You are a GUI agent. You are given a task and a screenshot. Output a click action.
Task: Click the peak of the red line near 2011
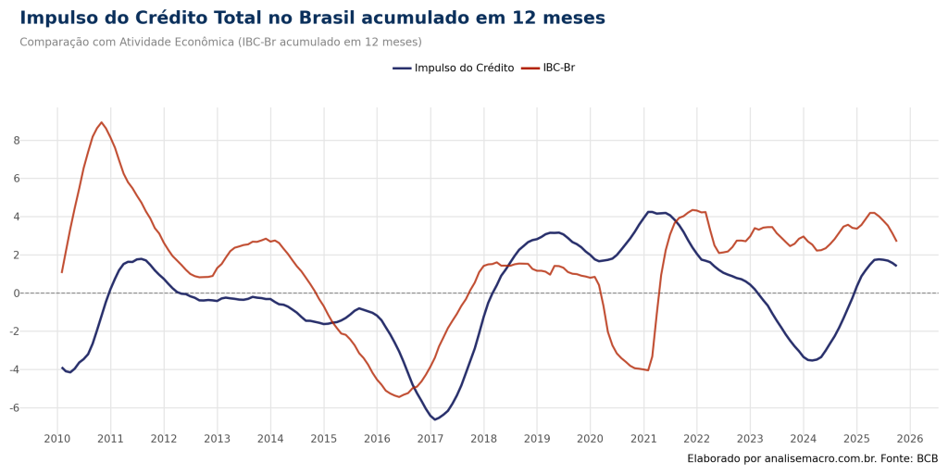pos(101,122)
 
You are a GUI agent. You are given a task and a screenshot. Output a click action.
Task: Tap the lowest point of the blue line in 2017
pos(436,419)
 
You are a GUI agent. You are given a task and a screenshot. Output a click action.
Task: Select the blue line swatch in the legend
pos(402,69)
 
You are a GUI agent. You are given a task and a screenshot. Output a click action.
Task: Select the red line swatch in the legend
pos(530,69)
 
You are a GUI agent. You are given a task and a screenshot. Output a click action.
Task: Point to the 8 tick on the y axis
pos(17,141)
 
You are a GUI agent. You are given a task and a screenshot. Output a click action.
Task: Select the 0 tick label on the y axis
pos(17,293)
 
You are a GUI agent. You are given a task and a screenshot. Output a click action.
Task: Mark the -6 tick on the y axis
pos(15,408)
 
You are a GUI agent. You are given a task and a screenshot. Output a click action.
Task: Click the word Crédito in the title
pos(168,19)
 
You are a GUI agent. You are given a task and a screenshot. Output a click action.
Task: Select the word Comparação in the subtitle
pos(48,43)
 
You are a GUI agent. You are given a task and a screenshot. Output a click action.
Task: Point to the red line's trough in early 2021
pos(645,370)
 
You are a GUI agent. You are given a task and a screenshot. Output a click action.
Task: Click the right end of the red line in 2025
pos(896,241)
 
